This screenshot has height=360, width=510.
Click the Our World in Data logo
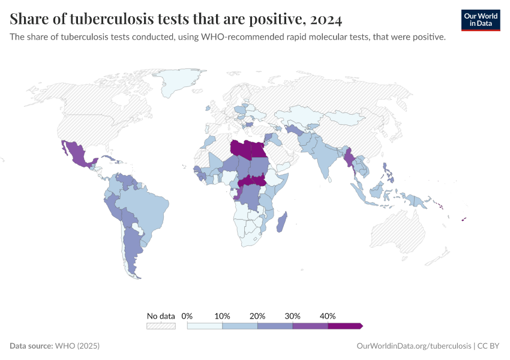pos(480,20)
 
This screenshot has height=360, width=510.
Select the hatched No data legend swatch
pos(161,326)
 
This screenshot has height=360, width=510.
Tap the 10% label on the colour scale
pos(222,316)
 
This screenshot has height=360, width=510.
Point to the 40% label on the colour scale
pos(328,316)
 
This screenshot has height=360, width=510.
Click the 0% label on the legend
pos(187,316)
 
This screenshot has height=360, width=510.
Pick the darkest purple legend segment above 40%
pos(345,326)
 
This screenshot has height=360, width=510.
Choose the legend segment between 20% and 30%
pos(275,326)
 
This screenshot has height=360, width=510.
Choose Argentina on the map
pos(133,252)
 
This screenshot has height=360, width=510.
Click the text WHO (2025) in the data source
pos(77,346)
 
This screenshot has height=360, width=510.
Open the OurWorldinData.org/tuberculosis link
pos(413,346)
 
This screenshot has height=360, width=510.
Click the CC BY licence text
pos(489,346)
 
